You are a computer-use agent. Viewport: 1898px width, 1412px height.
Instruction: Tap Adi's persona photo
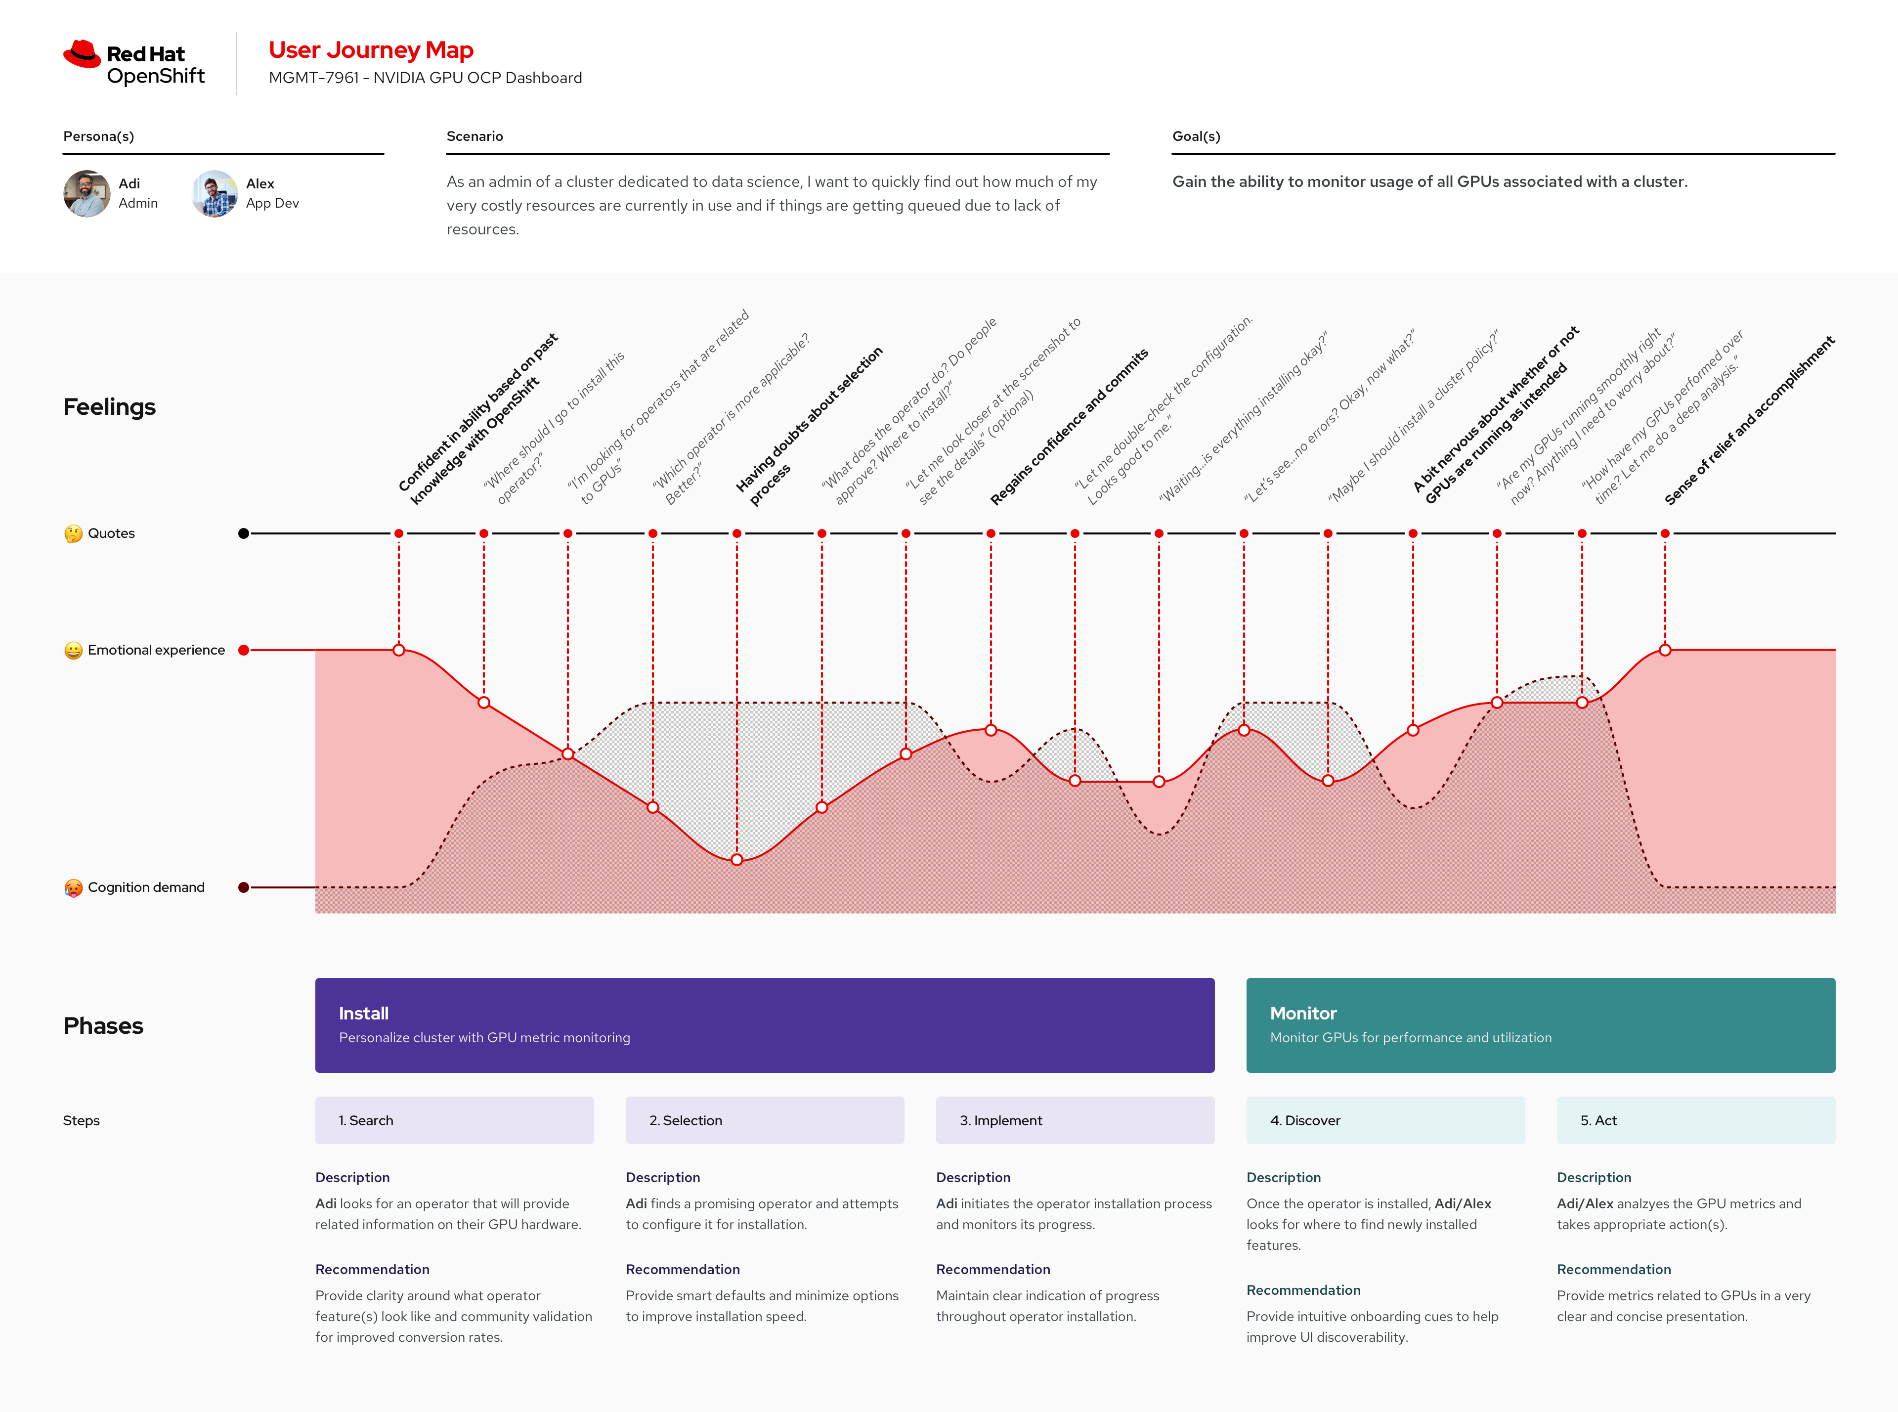[x=87, y=193]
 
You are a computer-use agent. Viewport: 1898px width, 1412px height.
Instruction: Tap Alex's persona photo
[x=215, y=193]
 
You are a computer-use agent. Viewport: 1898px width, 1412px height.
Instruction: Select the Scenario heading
[x=474, y=136]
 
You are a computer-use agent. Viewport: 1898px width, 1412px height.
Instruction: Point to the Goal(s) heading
[x=1196, y=136]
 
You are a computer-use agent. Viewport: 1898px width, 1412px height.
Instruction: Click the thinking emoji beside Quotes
[x=74, y=533]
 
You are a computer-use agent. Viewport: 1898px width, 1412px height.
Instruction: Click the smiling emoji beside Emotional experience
[x=74, y=651]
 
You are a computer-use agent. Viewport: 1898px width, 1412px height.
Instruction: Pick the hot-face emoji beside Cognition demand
[x=74, y=888]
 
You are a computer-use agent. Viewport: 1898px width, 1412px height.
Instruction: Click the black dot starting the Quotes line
[x=244, y=533]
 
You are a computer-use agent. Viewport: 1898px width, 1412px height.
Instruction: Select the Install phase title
[x=363, y=1013]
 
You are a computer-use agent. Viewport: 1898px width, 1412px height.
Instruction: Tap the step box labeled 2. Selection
[x=764, y=1120]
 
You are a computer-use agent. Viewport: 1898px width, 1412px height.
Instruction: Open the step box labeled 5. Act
[x=1695, y=1120]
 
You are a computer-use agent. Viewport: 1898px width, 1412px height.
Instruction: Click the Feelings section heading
[x=109, y=407]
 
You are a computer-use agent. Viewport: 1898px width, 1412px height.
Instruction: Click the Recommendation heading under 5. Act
[x=1613, y=1269]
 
